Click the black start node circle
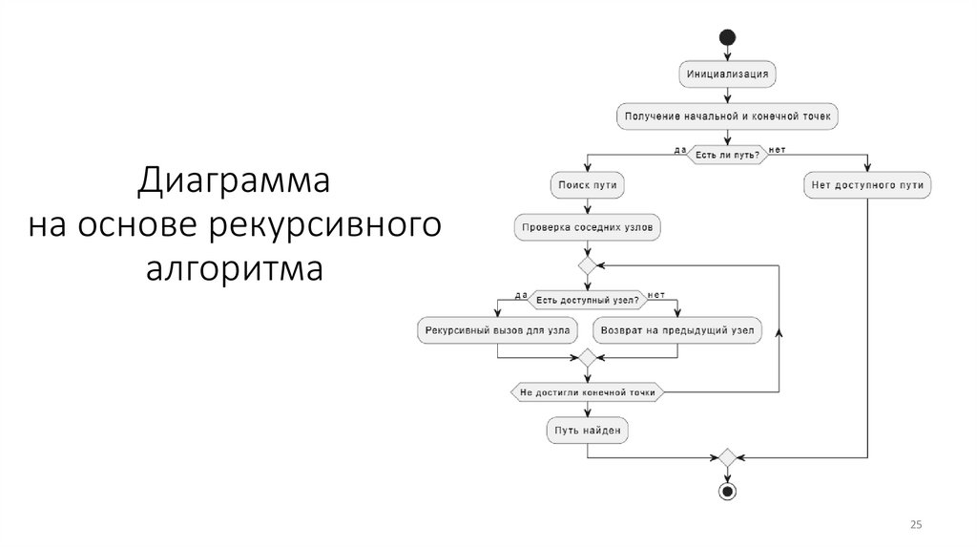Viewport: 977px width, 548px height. point(728,38)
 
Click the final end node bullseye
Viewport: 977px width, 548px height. point(728,491)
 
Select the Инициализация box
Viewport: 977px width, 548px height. point(728,73)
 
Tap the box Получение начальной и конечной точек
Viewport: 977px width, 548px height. point(728,116)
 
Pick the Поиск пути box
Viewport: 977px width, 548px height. point(587,185)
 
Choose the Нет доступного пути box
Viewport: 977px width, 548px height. point(867,185)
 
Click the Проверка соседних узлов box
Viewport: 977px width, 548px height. point(587,228)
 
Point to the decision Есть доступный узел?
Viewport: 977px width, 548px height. point(587,300)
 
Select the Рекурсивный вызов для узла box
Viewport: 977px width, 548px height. point(497,331)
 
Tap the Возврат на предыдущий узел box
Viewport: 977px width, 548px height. point(677,331)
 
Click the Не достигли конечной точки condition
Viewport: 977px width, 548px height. point(587,392)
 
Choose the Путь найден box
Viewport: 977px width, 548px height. point(587,431)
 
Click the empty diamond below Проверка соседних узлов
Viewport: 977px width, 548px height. point(587,263)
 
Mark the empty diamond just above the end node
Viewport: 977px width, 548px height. point(728,457)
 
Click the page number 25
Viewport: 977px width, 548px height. point(917,526)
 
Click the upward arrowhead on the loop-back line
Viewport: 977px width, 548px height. point(780,331)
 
